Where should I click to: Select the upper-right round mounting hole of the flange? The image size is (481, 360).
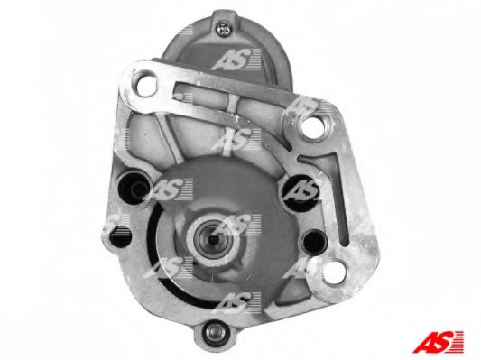(x=316, y=125)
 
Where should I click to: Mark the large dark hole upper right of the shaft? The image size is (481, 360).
(x=298, y=190)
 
